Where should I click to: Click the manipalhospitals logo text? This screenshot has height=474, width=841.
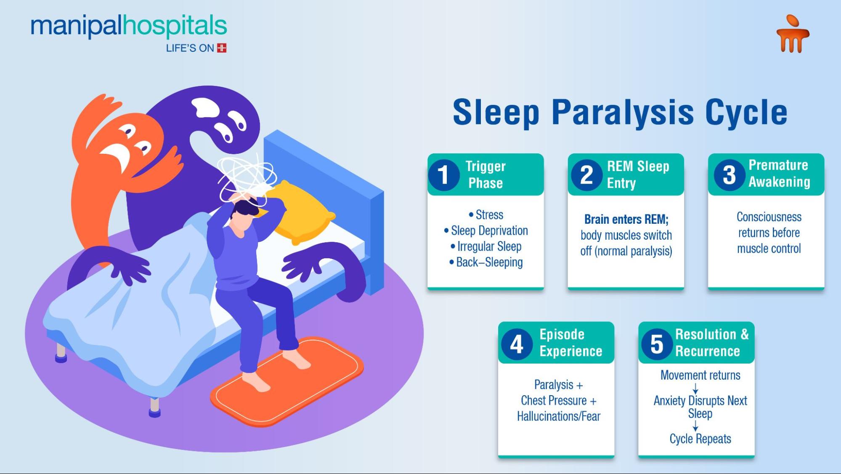tap(129, 26)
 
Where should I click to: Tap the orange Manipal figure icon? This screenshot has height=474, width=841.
tap(793, 35)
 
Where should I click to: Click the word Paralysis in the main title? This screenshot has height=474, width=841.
tap(623, 113)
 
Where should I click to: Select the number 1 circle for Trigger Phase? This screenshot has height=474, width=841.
tap(444, 175)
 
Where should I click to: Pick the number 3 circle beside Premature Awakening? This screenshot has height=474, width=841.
tap(729, 174)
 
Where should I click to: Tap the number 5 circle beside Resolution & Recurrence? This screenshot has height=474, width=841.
tap(657, 343)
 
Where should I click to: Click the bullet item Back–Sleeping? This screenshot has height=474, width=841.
tap(486, 262)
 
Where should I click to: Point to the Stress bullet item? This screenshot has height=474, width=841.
tap(486, 215)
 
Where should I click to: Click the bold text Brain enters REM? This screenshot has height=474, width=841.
tap(626, 220)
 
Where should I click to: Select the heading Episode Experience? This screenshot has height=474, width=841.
tap(571, 343)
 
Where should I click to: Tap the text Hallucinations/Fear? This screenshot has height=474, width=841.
tap(559, 416)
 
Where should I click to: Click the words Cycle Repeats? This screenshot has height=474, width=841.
tap(700, 439)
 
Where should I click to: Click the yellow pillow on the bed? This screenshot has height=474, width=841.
tap(301, 213)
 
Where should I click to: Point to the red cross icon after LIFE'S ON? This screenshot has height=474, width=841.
tap(222, 48)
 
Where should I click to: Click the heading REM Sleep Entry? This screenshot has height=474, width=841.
tap(638, 174)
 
